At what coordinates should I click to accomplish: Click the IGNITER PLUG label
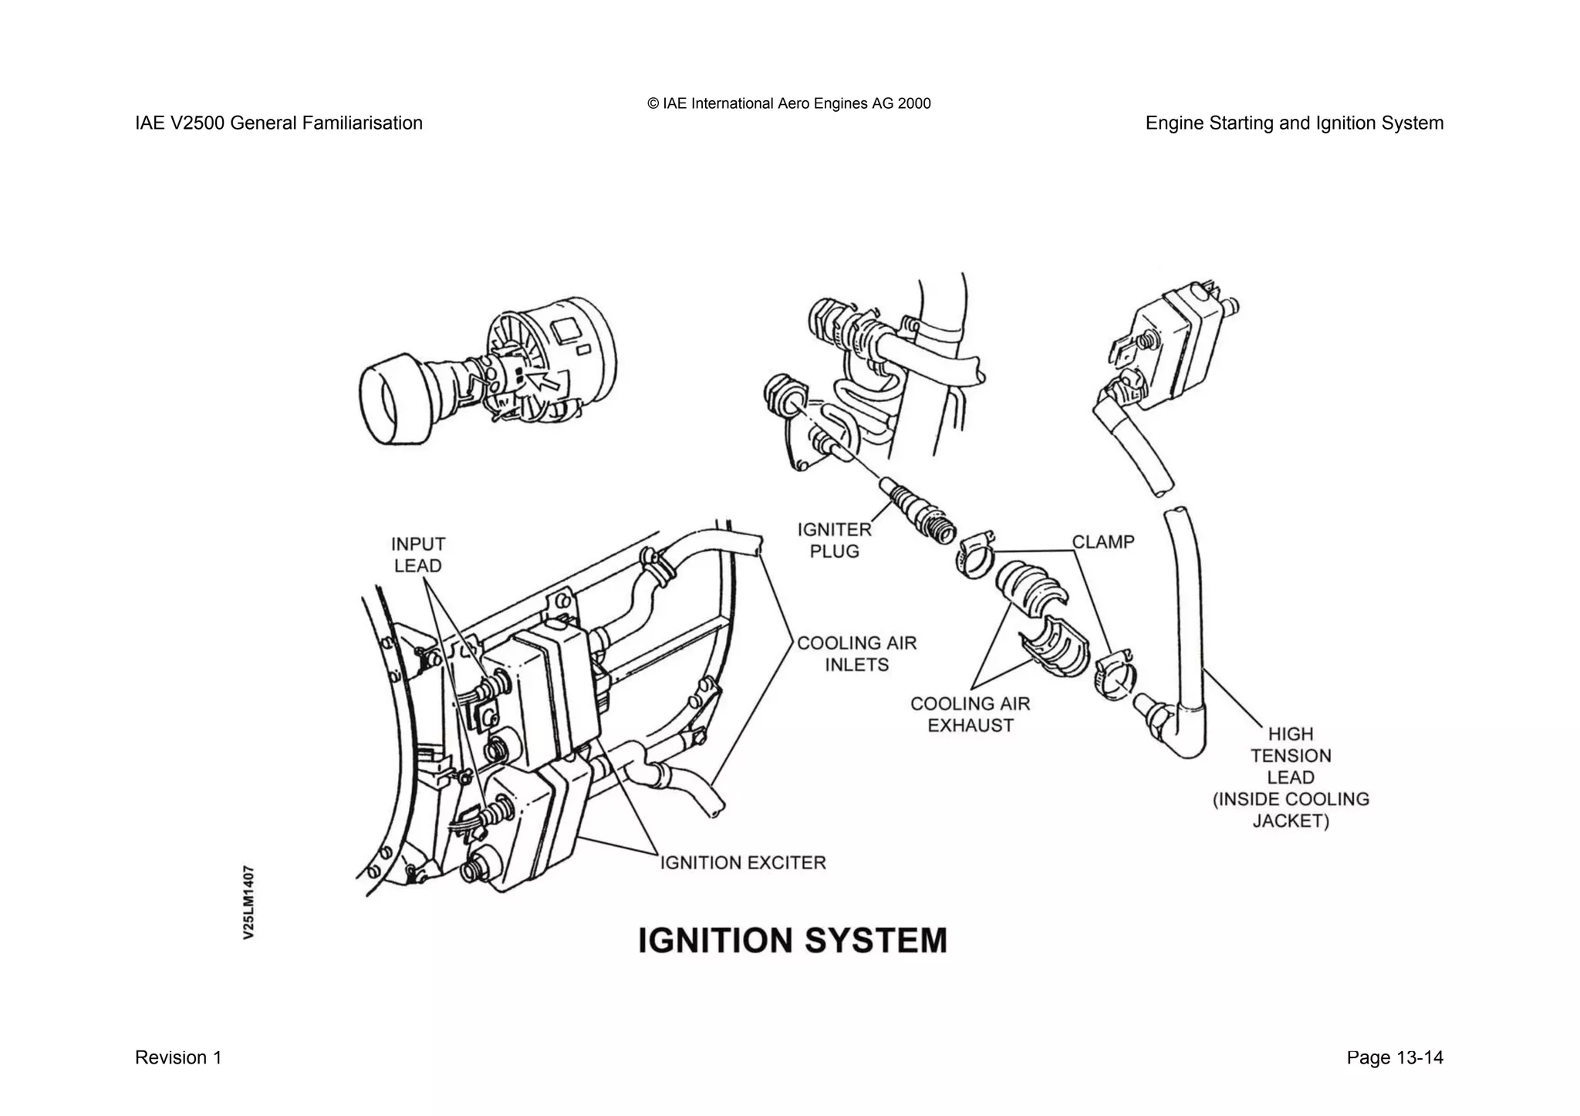click(834, 540)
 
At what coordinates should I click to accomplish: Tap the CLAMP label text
click(1103, 542)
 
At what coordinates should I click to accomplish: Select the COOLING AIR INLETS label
click(856, 653)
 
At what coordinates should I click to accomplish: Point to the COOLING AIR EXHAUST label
click(970, 714)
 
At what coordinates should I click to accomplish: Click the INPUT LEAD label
click(417, 555)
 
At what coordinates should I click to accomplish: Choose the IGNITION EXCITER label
click(743, 862)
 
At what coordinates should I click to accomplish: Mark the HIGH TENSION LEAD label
click(1291, 777)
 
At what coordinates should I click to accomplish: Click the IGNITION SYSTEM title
click(792, 941)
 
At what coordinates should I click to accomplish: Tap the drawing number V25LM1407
click(248, 902)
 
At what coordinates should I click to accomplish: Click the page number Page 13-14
click(1394, 1057)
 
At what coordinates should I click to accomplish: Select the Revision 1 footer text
click(178, 1057)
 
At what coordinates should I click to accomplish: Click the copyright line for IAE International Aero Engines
click(789, 103)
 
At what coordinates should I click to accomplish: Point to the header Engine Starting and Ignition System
click(1294, 123)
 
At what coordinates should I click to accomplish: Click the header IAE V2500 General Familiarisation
click(279, 123)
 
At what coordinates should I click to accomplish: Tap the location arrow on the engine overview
click(545, 381)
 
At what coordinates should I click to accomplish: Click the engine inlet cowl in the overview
click(395, 399)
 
